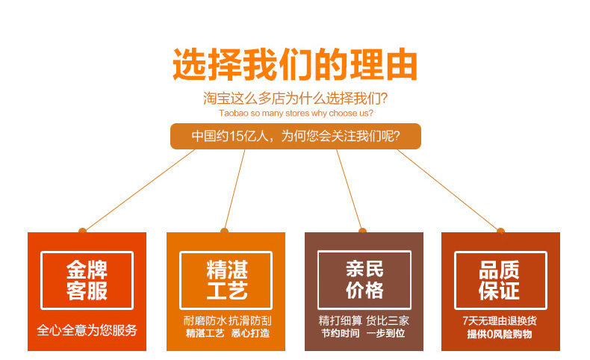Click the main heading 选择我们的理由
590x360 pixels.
tap(295, 65)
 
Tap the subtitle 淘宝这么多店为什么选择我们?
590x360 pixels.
tap(296, 99)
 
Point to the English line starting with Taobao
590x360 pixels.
tap(296, 114)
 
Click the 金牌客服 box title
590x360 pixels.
tap(87, 280)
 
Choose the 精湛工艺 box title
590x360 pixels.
tap(226, 280)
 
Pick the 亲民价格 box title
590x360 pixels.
tap(364, 279)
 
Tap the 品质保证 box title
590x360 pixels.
tap(500, 280)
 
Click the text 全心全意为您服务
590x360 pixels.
tap(87, 329)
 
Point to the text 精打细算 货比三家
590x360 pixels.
tap(364, 320)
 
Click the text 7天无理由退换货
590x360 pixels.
tap(500, 320)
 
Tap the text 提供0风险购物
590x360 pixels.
tap(500, 335)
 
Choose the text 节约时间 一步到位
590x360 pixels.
tap(364, 333)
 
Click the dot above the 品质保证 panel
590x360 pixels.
tap(500, 231)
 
